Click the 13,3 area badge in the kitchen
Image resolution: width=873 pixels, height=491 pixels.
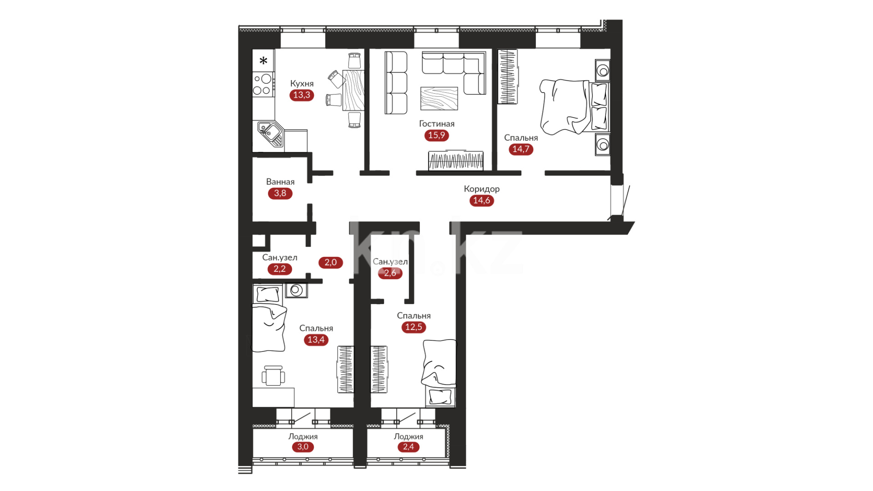[x=302, y=95]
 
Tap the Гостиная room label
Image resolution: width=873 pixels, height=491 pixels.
[x=437, y=124]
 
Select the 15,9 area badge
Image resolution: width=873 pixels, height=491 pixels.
[x=437, y=135]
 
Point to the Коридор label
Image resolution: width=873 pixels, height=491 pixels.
[x=482, y=189]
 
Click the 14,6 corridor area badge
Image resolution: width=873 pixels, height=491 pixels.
[x=482, y=200]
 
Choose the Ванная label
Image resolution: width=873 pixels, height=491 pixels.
[x=280, y=182]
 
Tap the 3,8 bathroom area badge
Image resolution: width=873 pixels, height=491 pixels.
[x=280, y=193]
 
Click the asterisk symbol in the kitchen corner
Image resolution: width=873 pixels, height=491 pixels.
[x=263, y=60]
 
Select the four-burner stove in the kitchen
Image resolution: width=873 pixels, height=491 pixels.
[x=263, y=84]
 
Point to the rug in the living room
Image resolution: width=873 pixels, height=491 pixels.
[x=439, y=98]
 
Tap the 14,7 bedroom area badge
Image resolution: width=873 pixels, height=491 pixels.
[x=521, y=149]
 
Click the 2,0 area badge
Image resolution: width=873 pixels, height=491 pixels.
[x=331, y=262]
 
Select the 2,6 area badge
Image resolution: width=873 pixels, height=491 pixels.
[x=390, y=273]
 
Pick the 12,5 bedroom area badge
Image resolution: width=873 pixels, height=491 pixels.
[x=414, y=327]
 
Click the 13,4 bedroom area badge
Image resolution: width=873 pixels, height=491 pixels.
[x=316, y=340]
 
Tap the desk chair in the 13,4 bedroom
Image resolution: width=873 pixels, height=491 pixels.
[x=273, y=376]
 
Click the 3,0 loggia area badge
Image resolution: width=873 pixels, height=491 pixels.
[x=303, y=447]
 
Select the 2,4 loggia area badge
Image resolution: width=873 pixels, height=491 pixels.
[x=409, y=447]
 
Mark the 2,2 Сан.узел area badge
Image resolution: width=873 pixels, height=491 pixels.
[x=280, y=269]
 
